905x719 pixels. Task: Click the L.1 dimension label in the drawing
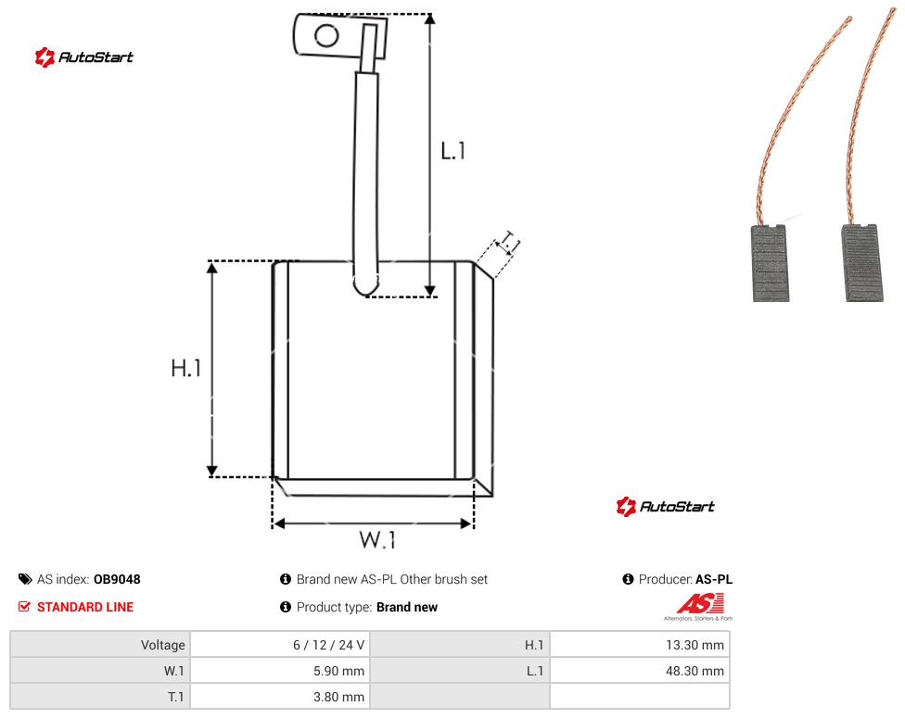tap(453, 151)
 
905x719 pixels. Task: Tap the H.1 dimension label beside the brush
tap(185, 368)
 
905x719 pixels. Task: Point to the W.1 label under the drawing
tap(377, 539)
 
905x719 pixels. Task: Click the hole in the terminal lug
tap(326, 36)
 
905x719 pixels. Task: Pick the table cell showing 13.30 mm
tap(695, 645)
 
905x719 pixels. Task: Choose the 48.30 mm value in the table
tap(695, 671)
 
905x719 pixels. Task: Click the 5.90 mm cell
tap(338, 671)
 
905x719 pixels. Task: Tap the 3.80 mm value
tap(338, 697)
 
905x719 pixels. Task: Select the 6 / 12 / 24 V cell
tap(328, 645)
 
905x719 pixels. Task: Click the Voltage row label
tap(163, 645)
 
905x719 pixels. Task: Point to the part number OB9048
tap(117, 579)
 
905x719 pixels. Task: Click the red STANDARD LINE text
tap(85, 607)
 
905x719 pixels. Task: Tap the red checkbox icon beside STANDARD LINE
tap(24, 607)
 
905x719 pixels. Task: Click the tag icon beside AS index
tap(25, 579)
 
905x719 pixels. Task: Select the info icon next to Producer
tap(628, 579)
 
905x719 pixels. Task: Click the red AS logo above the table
tap(700, 605)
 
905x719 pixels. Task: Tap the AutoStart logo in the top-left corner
tap(84, 57)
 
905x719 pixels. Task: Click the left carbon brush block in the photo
tap(770, 263)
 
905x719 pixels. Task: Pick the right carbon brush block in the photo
tap(862, 263)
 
